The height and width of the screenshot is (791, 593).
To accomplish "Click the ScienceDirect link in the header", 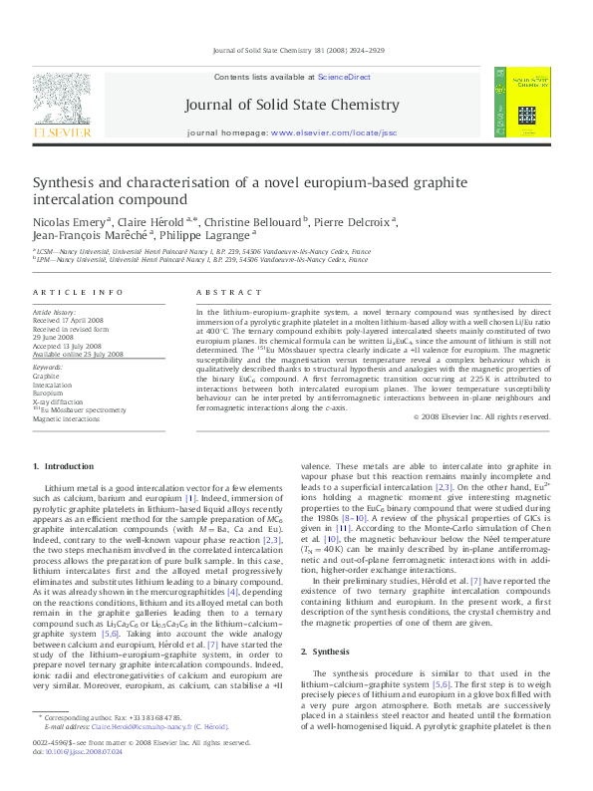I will coord(344,77).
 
